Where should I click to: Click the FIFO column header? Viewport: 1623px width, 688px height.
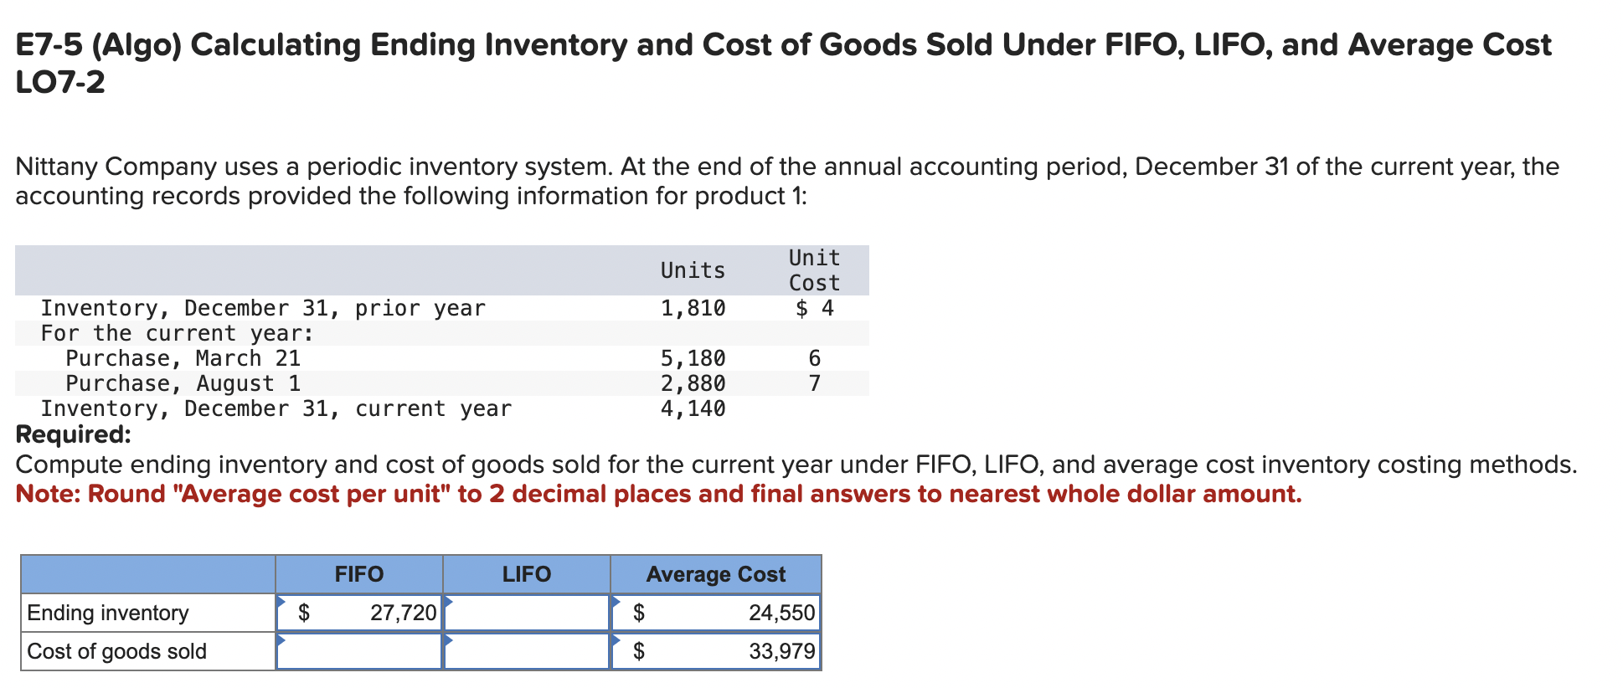[x=358, y=574]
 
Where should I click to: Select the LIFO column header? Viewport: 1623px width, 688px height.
[x=526, y=574]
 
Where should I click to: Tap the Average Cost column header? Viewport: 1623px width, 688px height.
[x=715, y=574]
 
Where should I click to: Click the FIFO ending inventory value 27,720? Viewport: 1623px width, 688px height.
[x=403, y=613]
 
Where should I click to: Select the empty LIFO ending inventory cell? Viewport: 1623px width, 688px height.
[x=526, y=613]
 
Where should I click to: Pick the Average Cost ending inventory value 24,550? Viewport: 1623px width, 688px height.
[x=781, y=613]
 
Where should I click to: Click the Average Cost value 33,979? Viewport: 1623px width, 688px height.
[x=781, y=651]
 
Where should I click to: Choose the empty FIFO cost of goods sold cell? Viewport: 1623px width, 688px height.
[x=358, y=651]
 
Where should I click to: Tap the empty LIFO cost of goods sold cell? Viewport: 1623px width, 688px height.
[x=526, y=651]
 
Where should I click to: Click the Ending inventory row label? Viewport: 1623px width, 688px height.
[x=108, y=613]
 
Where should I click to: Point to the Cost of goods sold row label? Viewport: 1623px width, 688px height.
[x=116, y=651]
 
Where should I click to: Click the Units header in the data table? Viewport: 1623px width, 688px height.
[x=693, y=270]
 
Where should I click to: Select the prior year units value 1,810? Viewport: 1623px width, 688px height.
[x=693, y=308]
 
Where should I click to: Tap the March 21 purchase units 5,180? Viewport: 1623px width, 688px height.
[x=693, y=358]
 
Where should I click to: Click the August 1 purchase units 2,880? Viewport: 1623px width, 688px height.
[x=693, y=383]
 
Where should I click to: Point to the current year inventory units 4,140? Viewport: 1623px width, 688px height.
[x=693, y=408]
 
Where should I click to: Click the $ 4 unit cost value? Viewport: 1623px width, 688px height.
[x=814, y=308]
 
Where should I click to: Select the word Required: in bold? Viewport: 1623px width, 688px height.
[x=74, y=434]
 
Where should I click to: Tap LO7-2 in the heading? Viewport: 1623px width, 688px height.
[x=60, y=82]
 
